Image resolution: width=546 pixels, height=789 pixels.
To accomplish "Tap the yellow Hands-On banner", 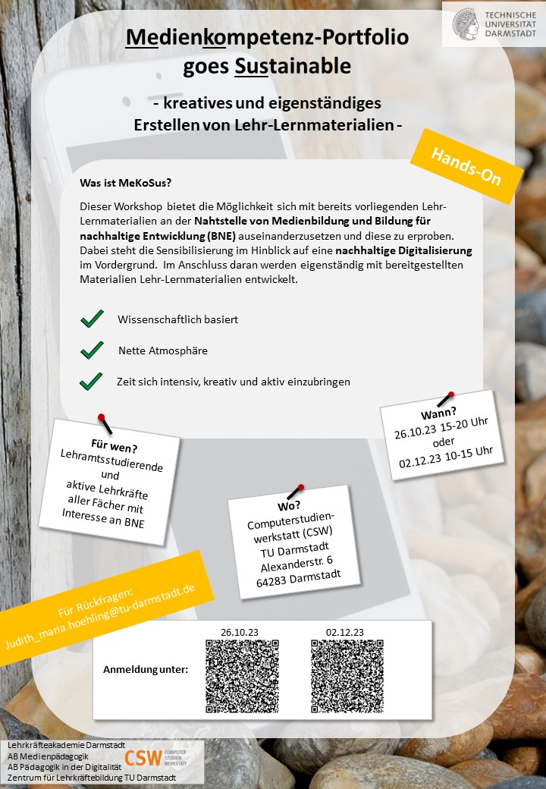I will (466, 166).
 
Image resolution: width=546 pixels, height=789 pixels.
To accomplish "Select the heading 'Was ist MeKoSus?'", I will (126, 183).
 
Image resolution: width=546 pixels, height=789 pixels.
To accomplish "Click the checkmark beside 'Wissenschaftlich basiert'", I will (92, 319).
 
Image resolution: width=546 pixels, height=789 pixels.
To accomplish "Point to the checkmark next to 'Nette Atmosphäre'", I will (92, 350).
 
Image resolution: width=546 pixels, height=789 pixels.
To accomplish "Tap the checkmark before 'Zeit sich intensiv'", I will (91, 382).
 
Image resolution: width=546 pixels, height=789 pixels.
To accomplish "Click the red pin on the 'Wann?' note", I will (450, 394).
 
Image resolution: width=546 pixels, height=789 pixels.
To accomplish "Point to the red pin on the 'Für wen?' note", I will (100, 417).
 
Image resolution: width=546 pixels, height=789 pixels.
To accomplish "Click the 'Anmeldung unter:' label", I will (146, 670).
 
